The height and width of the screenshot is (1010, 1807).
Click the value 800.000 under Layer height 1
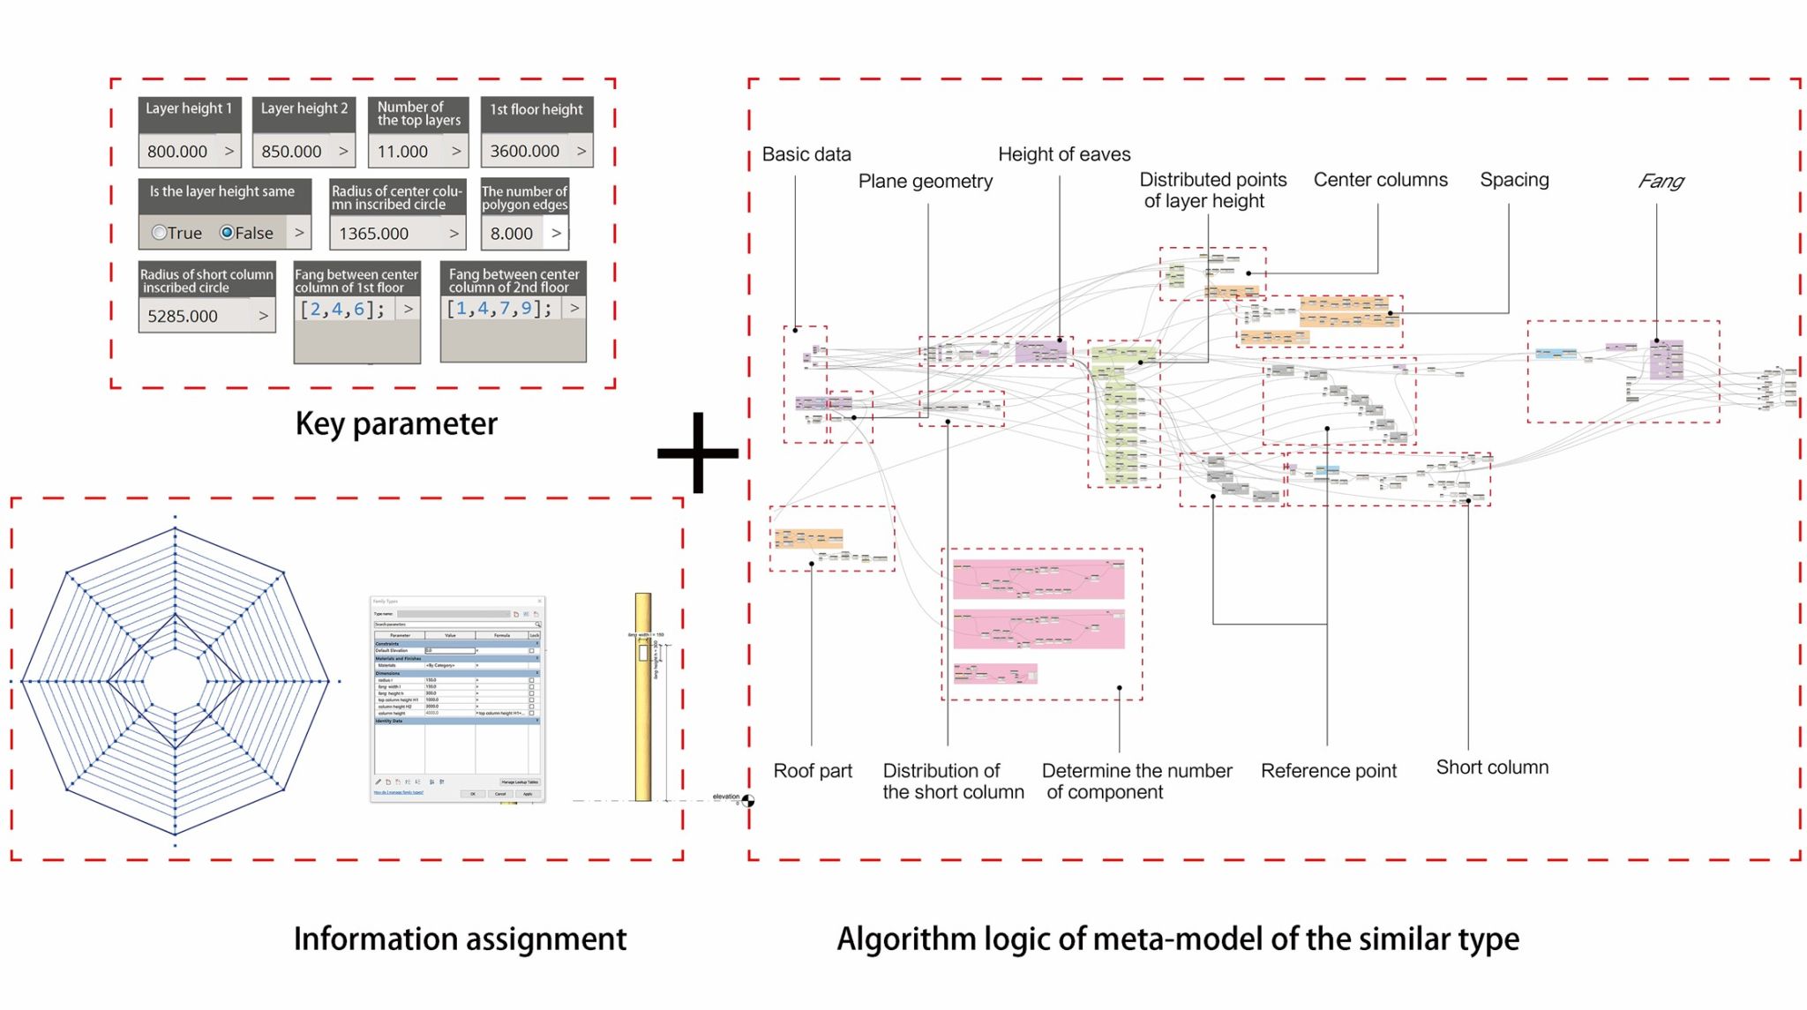pyautogui.click(x=177, y=152)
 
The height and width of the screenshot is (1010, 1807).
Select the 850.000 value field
pyautogui.click(x=291, y=152)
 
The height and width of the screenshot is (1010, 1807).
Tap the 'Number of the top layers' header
pyautogui.click(x=418, y=114)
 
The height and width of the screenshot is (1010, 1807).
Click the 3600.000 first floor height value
pyautogui.click(x=525, y=152)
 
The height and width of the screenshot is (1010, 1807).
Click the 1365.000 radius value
pyautogui.click(x=374, y=234)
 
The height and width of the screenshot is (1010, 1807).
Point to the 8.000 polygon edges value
pyautogui.click(x=512, y=234)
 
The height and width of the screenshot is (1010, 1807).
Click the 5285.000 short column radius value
pyautogui.click(x=183, y=316)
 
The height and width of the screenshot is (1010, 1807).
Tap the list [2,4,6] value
pyautogui.click(x=342, y=310)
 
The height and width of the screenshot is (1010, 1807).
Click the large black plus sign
pyautogui.click(x=698, y=453)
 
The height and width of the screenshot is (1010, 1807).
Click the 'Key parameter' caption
pyautogui.click(x=396, y=424)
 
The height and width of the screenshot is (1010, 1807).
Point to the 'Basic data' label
pyautogui.click(x=806, y=154)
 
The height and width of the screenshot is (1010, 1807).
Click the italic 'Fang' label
pyautogui.click(x=1661, y=181)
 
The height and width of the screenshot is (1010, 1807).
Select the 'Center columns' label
pyautogui.click(x=1380, y=180)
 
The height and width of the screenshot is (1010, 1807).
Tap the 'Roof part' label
pyautogui.click(x=813, y=771)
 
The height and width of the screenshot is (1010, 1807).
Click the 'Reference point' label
pyautogui.click(x=1328, y=771)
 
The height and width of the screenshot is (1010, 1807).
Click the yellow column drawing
pyautogui.click(x=643, y=697)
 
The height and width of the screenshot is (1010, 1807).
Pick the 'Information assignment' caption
pyautogui.click(x=460, y=939)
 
